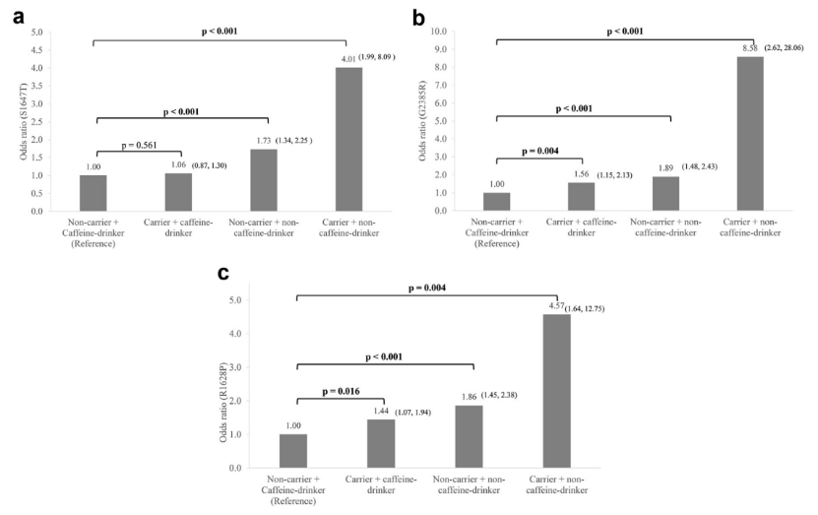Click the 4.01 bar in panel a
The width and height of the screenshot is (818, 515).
pos(348,139)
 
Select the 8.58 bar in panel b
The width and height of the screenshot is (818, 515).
pos(751,134)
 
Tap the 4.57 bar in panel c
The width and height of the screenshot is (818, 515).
pos(556,392)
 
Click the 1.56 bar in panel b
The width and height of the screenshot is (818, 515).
pos(582,197)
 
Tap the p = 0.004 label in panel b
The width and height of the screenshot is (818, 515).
pos(538,150)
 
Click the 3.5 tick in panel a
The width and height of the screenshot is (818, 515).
pos(36,86)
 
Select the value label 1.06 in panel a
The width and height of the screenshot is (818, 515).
pos(178,166)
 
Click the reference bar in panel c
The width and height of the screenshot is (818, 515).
pos(293,451)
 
